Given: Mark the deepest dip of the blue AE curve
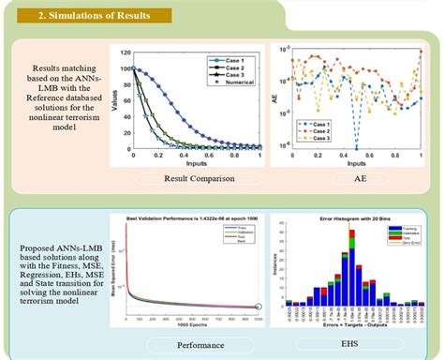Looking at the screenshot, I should pos(355,147).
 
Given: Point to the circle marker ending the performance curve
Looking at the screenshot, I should pos(259,306).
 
